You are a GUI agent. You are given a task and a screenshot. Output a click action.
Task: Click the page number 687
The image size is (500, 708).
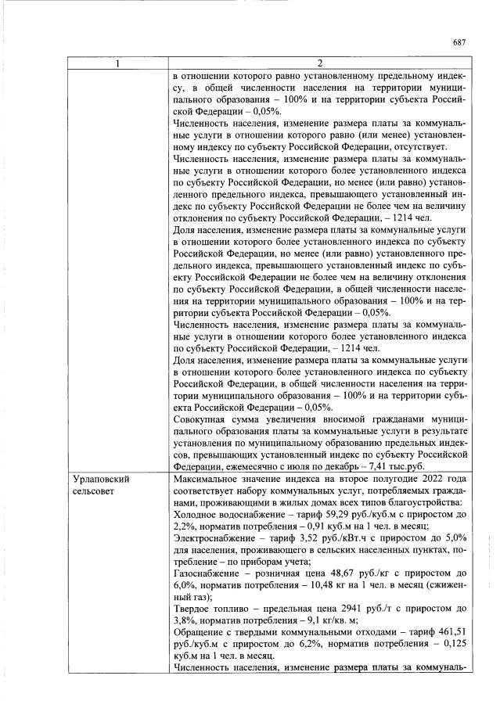coord(459,42)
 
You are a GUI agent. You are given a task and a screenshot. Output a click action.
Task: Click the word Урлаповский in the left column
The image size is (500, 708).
coord(100,478)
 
